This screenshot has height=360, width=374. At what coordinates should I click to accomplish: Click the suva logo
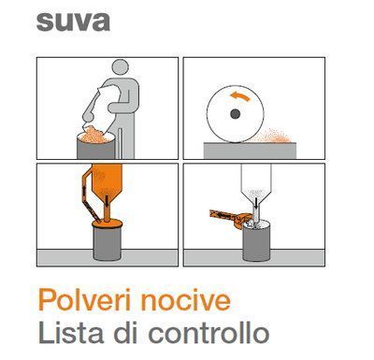pos(73,22)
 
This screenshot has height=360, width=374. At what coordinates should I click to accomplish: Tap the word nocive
pos(186,300)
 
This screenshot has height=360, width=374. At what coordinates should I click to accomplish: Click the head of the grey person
pos(121,67)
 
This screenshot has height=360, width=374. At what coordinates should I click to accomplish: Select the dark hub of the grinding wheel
pos(235,114)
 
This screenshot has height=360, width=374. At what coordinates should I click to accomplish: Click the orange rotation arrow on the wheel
pos(240,96)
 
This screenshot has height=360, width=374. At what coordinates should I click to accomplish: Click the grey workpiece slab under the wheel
pos(250,151)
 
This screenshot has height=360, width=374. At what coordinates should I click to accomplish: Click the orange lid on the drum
pos(107,223)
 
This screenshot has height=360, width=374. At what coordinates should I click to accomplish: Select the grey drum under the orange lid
pos(107,243)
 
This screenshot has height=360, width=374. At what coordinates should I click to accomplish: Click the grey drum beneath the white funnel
pos(256,242)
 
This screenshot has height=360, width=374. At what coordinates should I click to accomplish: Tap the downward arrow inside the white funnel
pos(256,203)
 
